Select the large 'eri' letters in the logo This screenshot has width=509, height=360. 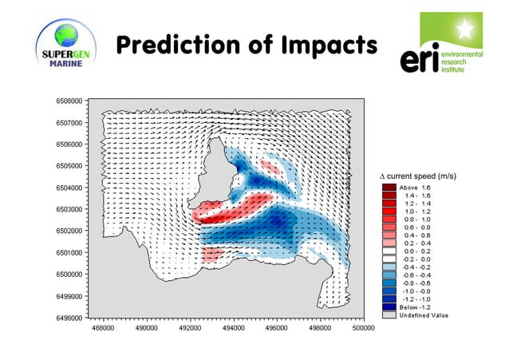point(420,60)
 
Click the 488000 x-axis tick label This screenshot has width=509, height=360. point(103,327)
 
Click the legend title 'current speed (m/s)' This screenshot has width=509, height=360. point(419,175)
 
